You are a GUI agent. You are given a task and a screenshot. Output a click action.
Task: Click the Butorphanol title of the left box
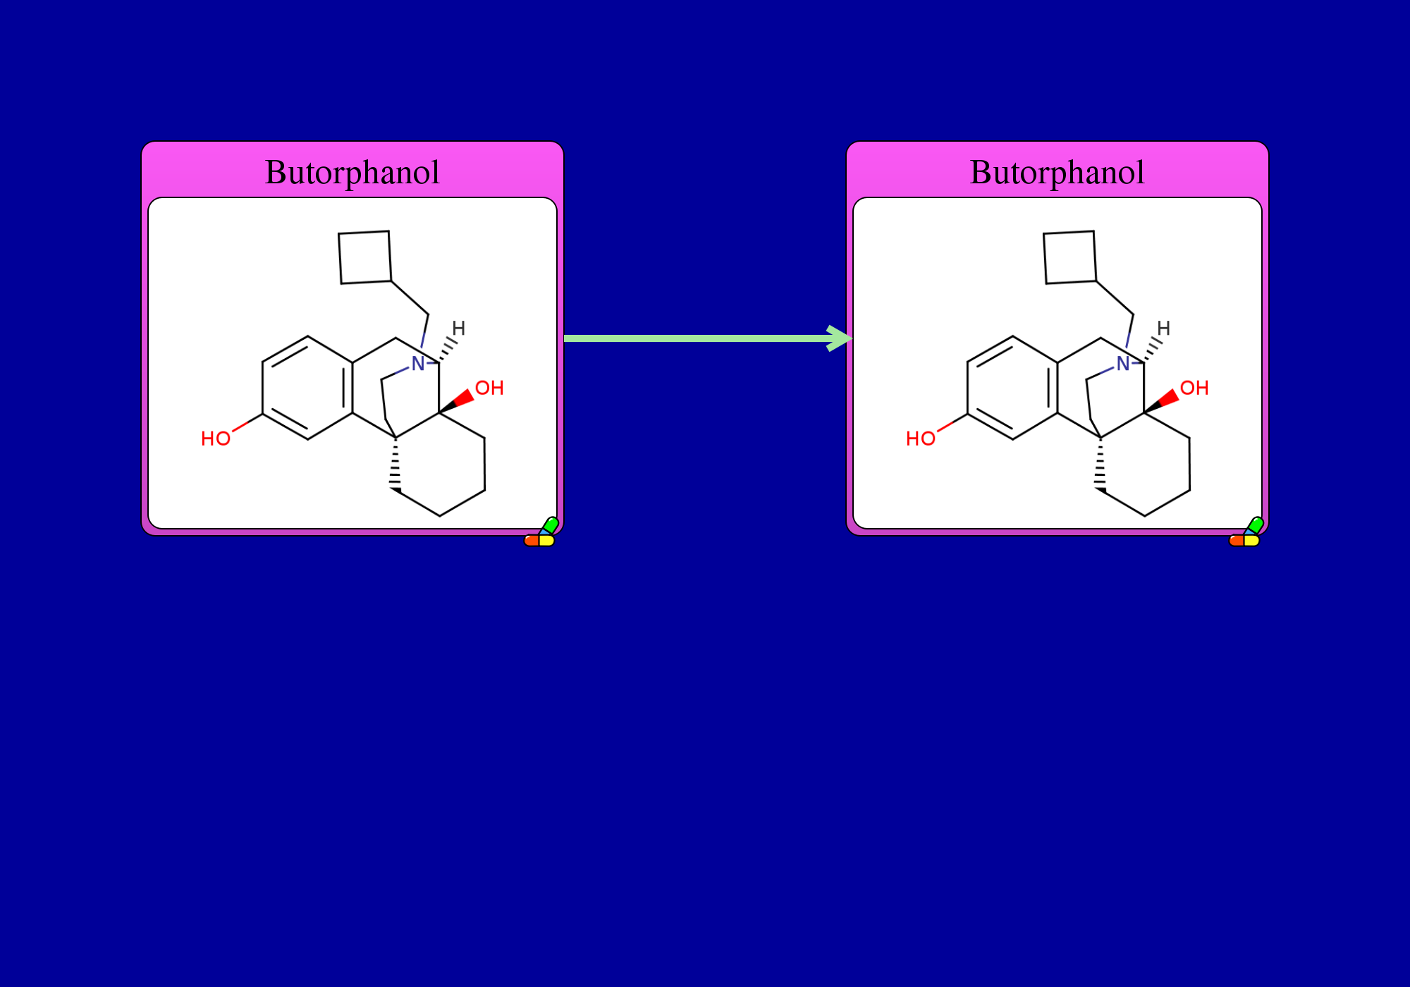tap(352, 173)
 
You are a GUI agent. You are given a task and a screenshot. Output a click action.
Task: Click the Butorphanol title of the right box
tap(1057, 173)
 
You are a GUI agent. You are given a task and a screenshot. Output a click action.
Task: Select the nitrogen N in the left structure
tap(418, 364)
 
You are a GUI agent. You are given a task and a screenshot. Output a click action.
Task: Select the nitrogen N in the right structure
tap(1123, 364)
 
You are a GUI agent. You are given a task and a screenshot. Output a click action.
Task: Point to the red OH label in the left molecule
tap(489, 388)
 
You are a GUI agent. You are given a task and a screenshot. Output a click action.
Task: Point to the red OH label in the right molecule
tap(1194, 388)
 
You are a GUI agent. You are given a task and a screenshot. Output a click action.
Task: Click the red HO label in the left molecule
tap(216, 439)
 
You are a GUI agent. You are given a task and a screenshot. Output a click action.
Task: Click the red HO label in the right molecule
tap(921, 439)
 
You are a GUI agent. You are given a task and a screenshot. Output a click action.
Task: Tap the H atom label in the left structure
tap(459, 328)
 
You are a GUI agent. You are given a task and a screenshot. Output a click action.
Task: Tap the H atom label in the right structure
tap(1164, 328)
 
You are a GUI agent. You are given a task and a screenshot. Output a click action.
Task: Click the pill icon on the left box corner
tap(541, 533)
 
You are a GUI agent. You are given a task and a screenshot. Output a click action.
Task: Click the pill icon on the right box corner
tap(1246, 533)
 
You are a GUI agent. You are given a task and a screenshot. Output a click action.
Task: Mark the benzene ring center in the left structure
tap(308, 388)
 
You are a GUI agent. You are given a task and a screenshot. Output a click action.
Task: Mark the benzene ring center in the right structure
tap(1013, 388)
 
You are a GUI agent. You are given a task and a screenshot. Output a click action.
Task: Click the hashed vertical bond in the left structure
tap(396, 464)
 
